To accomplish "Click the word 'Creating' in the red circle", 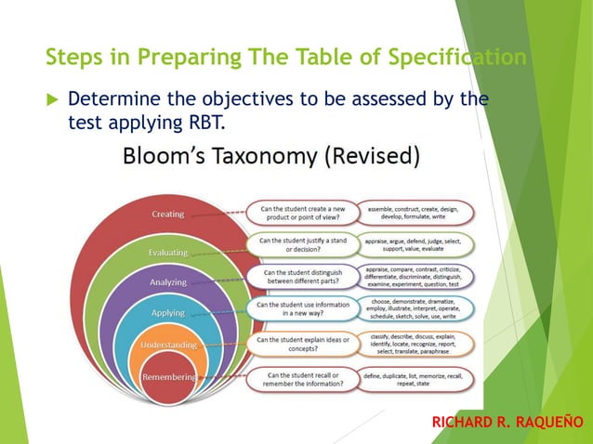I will tap(168, 214).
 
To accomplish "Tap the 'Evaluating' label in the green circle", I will tap(168, 252).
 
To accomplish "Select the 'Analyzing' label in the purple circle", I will tap(168, 281).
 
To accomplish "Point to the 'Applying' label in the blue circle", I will tap(168, 313).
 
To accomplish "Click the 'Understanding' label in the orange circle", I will tap(168, 345).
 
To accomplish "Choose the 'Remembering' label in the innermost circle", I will tap(168, 376).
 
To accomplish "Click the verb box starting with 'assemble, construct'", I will tap(417, 214).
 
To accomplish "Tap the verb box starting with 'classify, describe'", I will tap(417, 345).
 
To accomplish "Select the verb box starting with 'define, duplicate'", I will tap(417, 379).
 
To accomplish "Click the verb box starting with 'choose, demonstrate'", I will tap(417, 309).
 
